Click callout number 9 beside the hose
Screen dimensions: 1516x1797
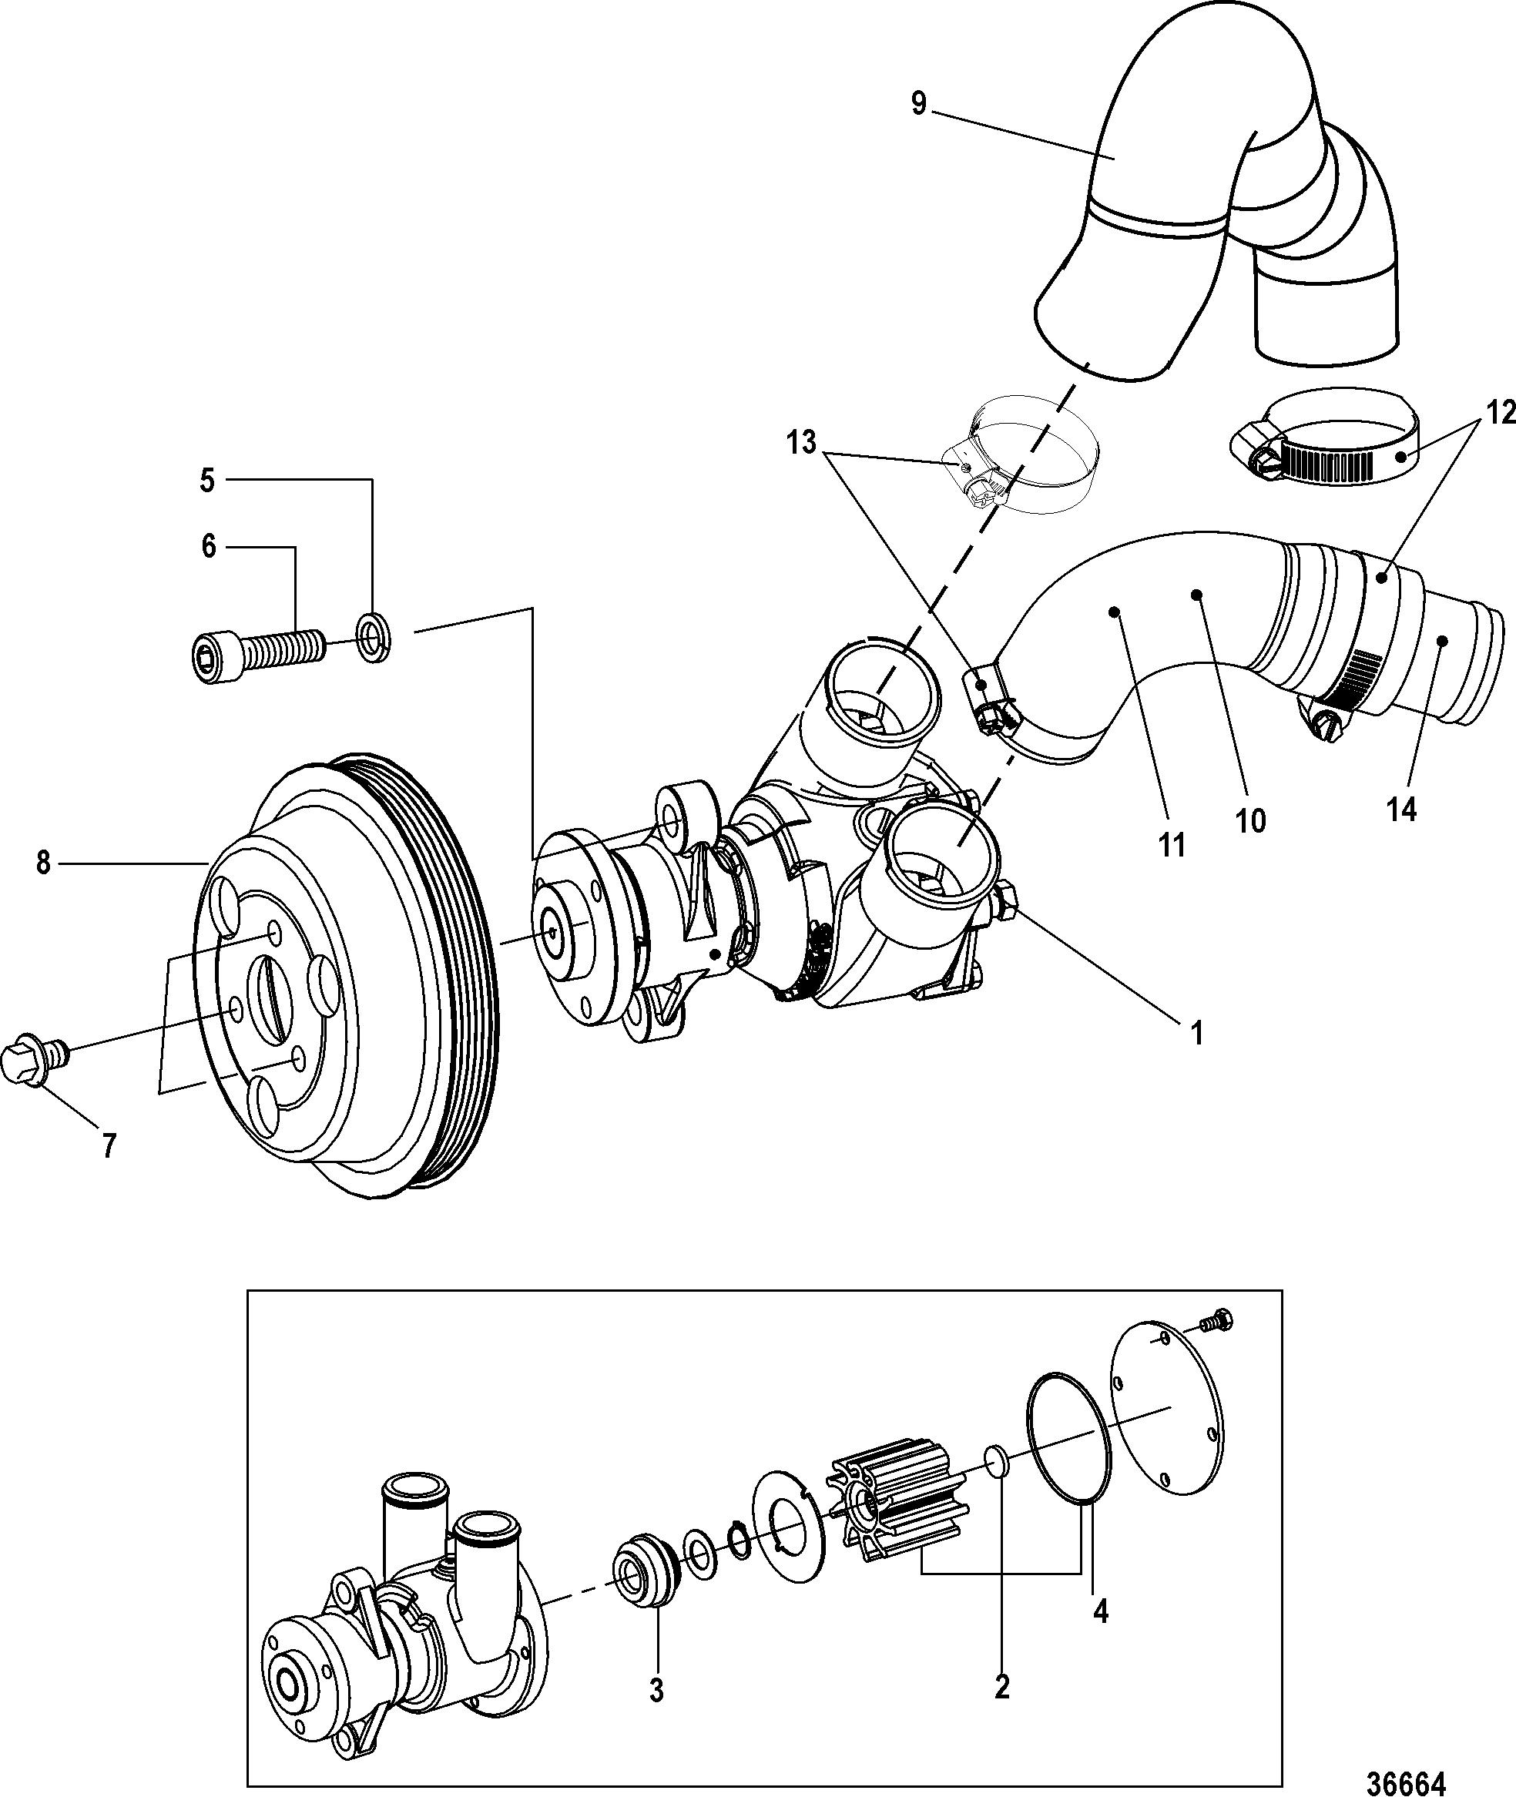click(x=919, y=104)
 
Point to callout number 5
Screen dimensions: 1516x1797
click(x=207, y=481)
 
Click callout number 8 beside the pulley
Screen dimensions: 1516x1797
click(x=43, y=862)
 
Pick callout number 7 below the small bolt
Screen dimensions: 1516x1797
click(x=109, y=1145)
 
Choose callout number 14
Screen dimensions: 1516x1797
click(x=1402, y=809)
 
